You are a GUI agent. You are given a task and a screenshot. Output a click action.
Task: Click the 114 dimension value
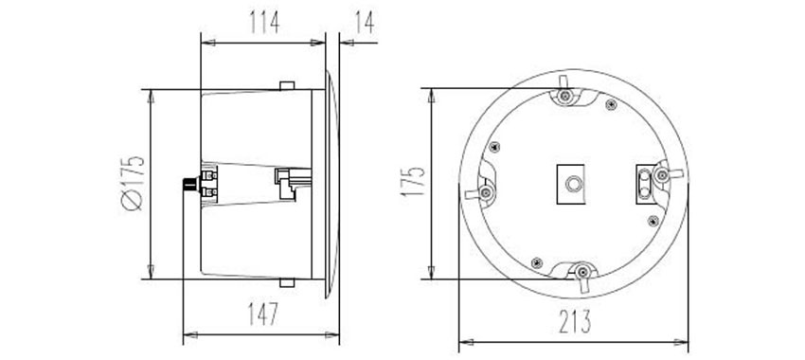pos(264,23)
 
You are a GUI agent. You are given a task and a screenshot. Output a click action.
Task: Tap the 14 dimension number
pos(365,23)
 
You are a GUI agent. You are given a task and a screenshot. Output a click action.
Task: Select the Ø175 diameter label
pos(133,183)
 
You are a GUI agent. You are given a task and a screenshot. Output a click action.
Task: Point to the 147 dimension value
pos(263,314)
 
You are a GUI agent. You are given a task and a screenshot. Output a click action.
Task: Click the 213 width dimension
pos(575,321)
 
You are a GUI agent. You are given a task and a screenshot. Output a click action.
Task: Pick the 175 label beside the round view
pos(413,181)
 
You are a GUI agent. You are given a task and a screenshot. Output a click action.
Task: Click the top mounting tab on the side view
pos(287,85)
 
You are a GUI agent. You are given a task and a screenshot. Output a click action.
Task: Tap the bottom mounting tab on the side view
pos(287,282)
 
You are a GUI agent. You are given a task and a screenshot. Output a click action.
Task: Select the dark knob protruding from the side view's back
pos(190,184)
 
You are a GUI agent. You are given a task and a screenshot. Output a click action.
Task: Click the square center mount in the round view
pos(571,184)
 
